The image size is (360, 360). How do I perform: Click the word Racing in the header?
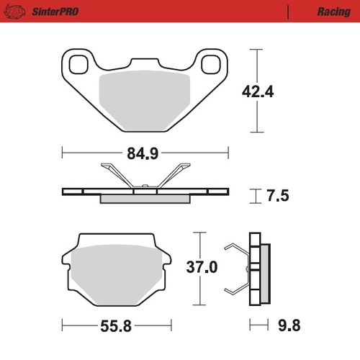point(332,12)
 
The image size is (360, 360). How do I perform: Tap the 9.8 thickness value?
point(289,325)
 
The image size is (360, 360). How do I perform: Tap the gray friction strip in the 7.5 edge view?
point(144,199)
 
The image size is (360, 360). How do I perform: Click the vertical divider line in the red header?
point(288,12)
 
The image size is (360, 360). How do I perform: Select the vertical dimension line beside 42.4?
point(254,91)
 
